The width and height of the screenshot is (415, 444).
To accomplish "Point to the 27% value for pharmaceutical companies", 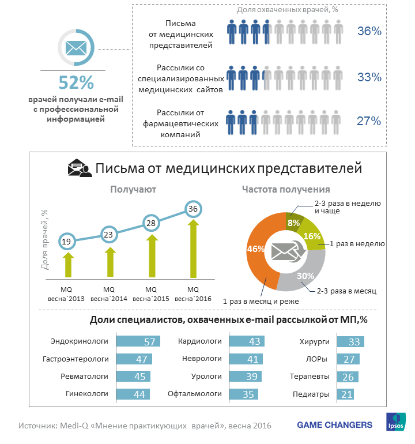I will (x=369, y=121).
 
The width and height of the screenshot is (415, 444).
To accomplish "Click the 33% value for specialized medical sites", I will (x=369, y=77).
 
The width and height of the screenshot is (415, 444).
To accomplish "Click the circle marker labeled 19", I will (x=67, y=241).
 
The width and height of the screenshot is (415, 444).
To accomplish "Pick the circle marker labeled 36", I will (x=193, y=208).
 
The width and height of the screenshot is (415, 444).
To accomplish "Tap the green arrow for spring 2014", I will (x=109, y=261).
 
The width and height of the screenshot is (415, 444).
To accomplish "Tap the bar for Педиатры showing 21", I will (x=345, y=394).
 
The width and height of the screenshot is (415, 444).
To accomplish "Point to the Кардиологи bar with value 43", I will (x=247, y=342).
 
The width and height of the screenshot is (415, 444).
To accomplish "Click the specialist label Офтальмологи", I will (x=195, y=394).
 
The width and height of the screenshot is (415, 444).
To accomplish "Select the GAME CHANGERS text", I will (x=334, y=425).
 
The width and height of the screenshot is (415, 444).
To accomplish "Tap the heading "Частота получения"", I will (x=286, y=189).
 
